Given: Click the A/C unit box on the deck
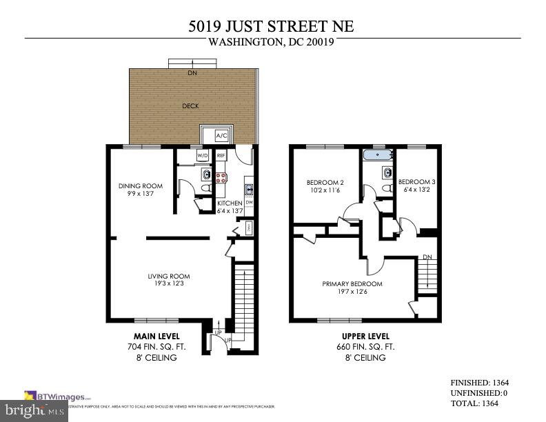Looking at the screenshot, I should (x=222, y=135).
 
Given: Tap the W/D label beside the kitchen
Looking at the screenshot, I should (x=203, y=156).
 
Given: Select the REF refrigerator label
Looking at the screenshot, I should (x=221, y=156).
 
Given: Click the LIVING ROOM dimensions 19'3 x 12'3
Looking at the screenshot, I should (x=168, y=283).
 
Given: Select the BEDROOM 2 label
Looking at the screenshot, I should (x=325, y=183).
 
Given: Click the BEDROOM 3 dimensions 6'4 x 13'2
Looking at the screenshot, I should (x=416, y=190).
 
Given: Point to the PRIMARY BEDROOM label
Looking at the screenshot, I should (x=352, y=283).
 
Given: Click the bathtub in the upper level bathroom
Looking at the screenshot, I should (x=378, y=155).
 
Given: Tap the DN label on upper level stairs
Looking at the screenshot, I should (x=427, y=257).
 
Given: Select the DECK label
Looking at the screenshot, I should (x=191, y=106).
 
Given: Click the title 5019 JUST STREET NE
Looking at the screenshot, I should (x=272, y=28).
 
